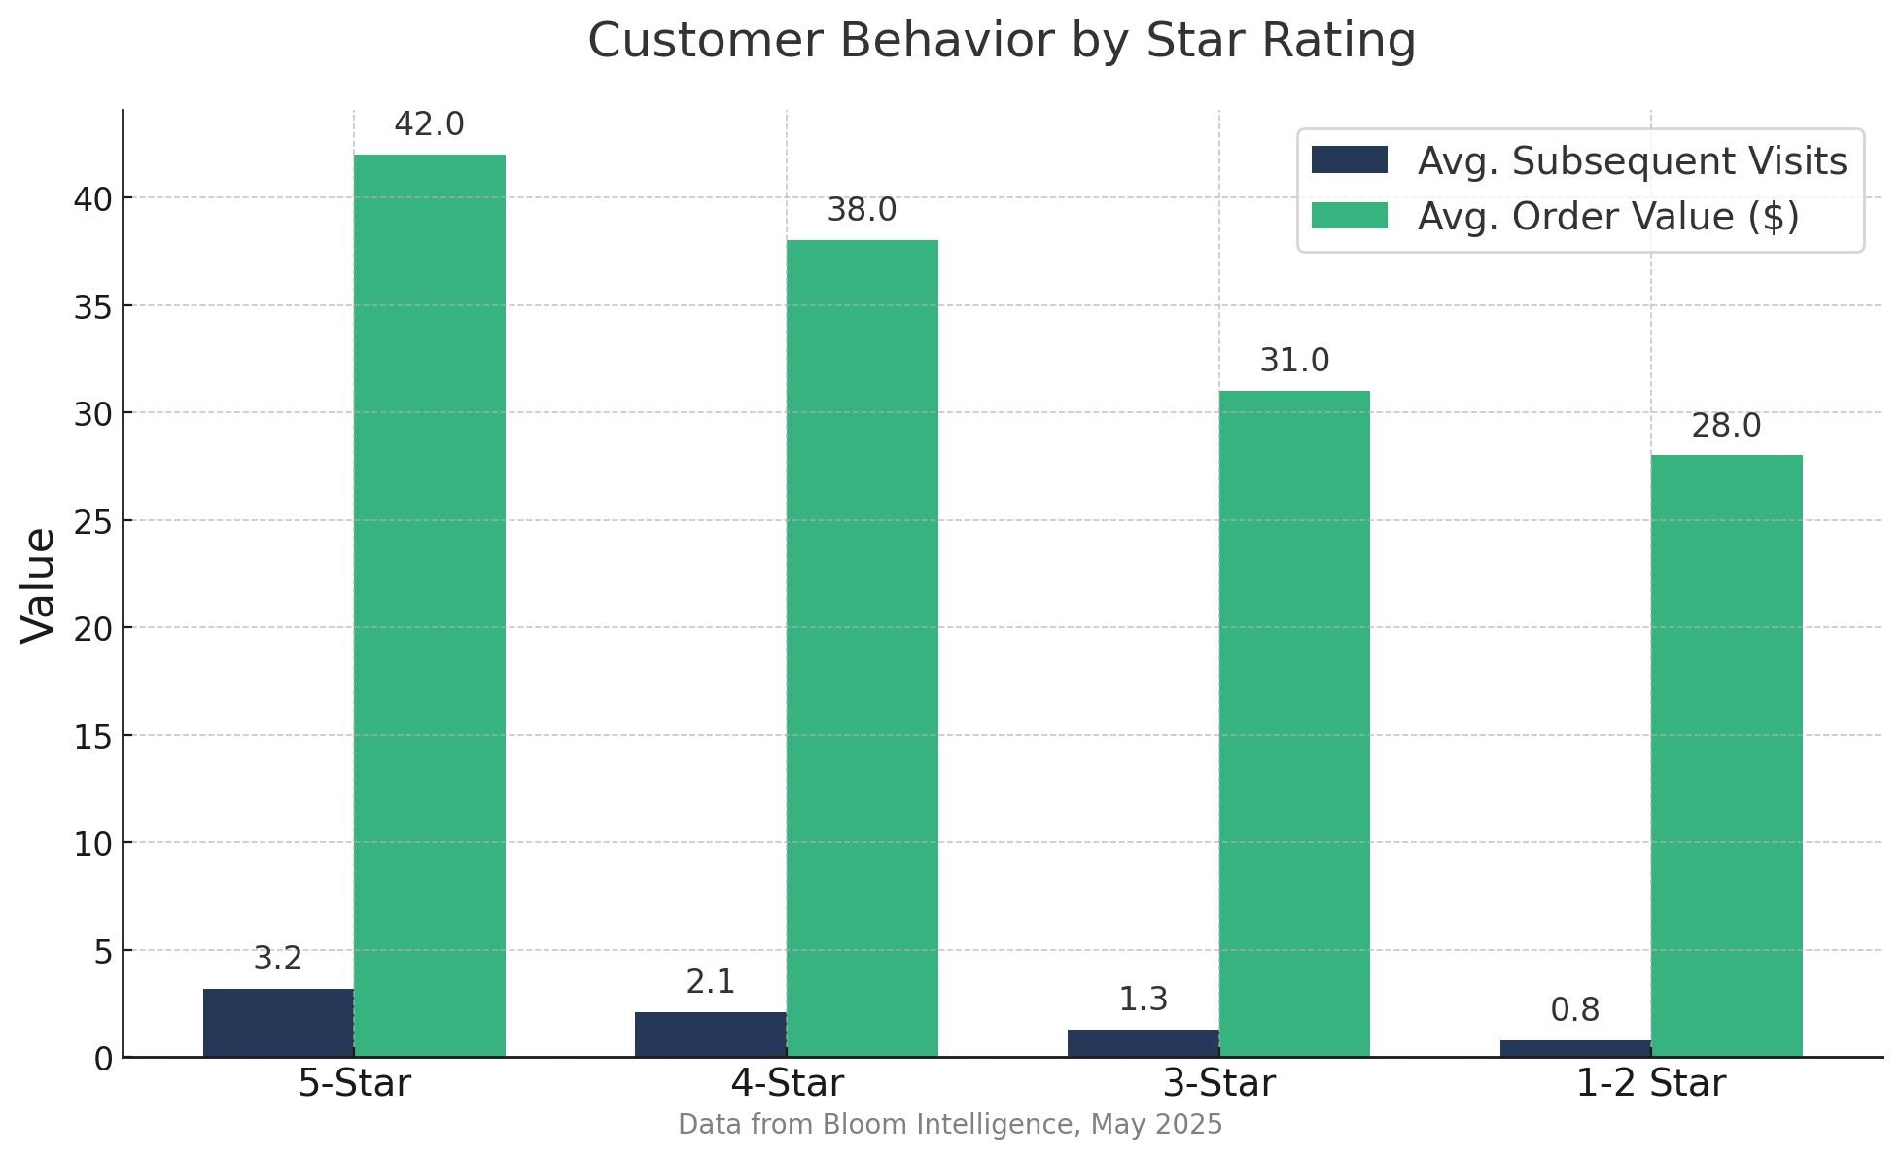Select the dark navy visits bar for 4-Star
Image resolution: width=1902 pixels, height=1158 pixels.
pyautogui.click(x=710, y=1035)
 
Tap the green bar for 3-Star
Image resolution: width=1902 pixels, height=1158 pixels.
pyautogui.click(x=1294, y=723)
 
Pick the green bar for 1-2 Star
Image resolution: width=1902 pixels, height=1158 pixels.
pyautogui.click(x=1726, y=755)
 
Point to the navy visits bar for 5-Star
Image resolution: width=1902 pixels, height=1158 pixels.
pyautogui.click(x=278, y=1023)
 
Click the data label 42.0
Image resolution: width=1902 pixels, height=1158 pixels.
pyautogui.click(x=429, y=125)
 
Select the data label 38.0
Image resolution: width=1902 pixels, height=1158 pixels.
pyautogui.click(x=862, y=210)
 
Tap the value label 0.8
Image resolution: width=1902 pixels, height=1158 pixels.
pyautogui.click(x=1574, y=1010)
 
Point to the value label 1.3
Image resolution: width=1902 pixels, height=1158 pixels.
pyautogui.click(x=1143, y=1000)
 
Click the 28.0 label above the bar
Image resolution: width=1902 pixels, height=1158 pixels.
pyautogui.click(x=1726, y=426)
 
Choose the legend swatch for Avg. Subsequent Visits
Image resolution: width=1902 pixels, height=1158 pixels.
pyautogui.click(x=1349, y=160)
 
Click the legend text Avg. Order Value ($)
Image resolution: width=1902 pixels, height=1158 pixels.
pyautogui.click(x=1608, y=217)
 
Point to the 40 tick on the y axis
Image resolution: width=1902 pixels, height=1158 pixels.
pyautogui.click(x=93, y=198)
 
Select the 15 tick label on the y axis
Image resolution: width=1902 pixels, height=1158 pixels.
pyautogui.click(x=93, y=736)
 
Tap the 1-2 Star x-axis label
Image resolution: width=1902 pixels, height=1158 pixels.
pyautogui.click(x=1650, y=1083)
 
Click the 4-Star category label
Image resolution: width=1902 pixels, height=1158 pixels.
pyautogui.click(x=787, y=1083)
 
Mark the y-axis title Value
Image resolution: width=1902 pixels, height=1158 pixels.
pyautogui.click(x=39, y=584)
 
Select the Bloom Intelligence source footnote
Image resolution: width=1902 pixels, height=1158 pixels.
pyautogui.click(x=950, y=1125)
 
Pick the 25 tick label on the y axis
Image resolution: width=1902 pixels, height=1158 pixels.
pyautogui.click(x=93, y=521)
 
